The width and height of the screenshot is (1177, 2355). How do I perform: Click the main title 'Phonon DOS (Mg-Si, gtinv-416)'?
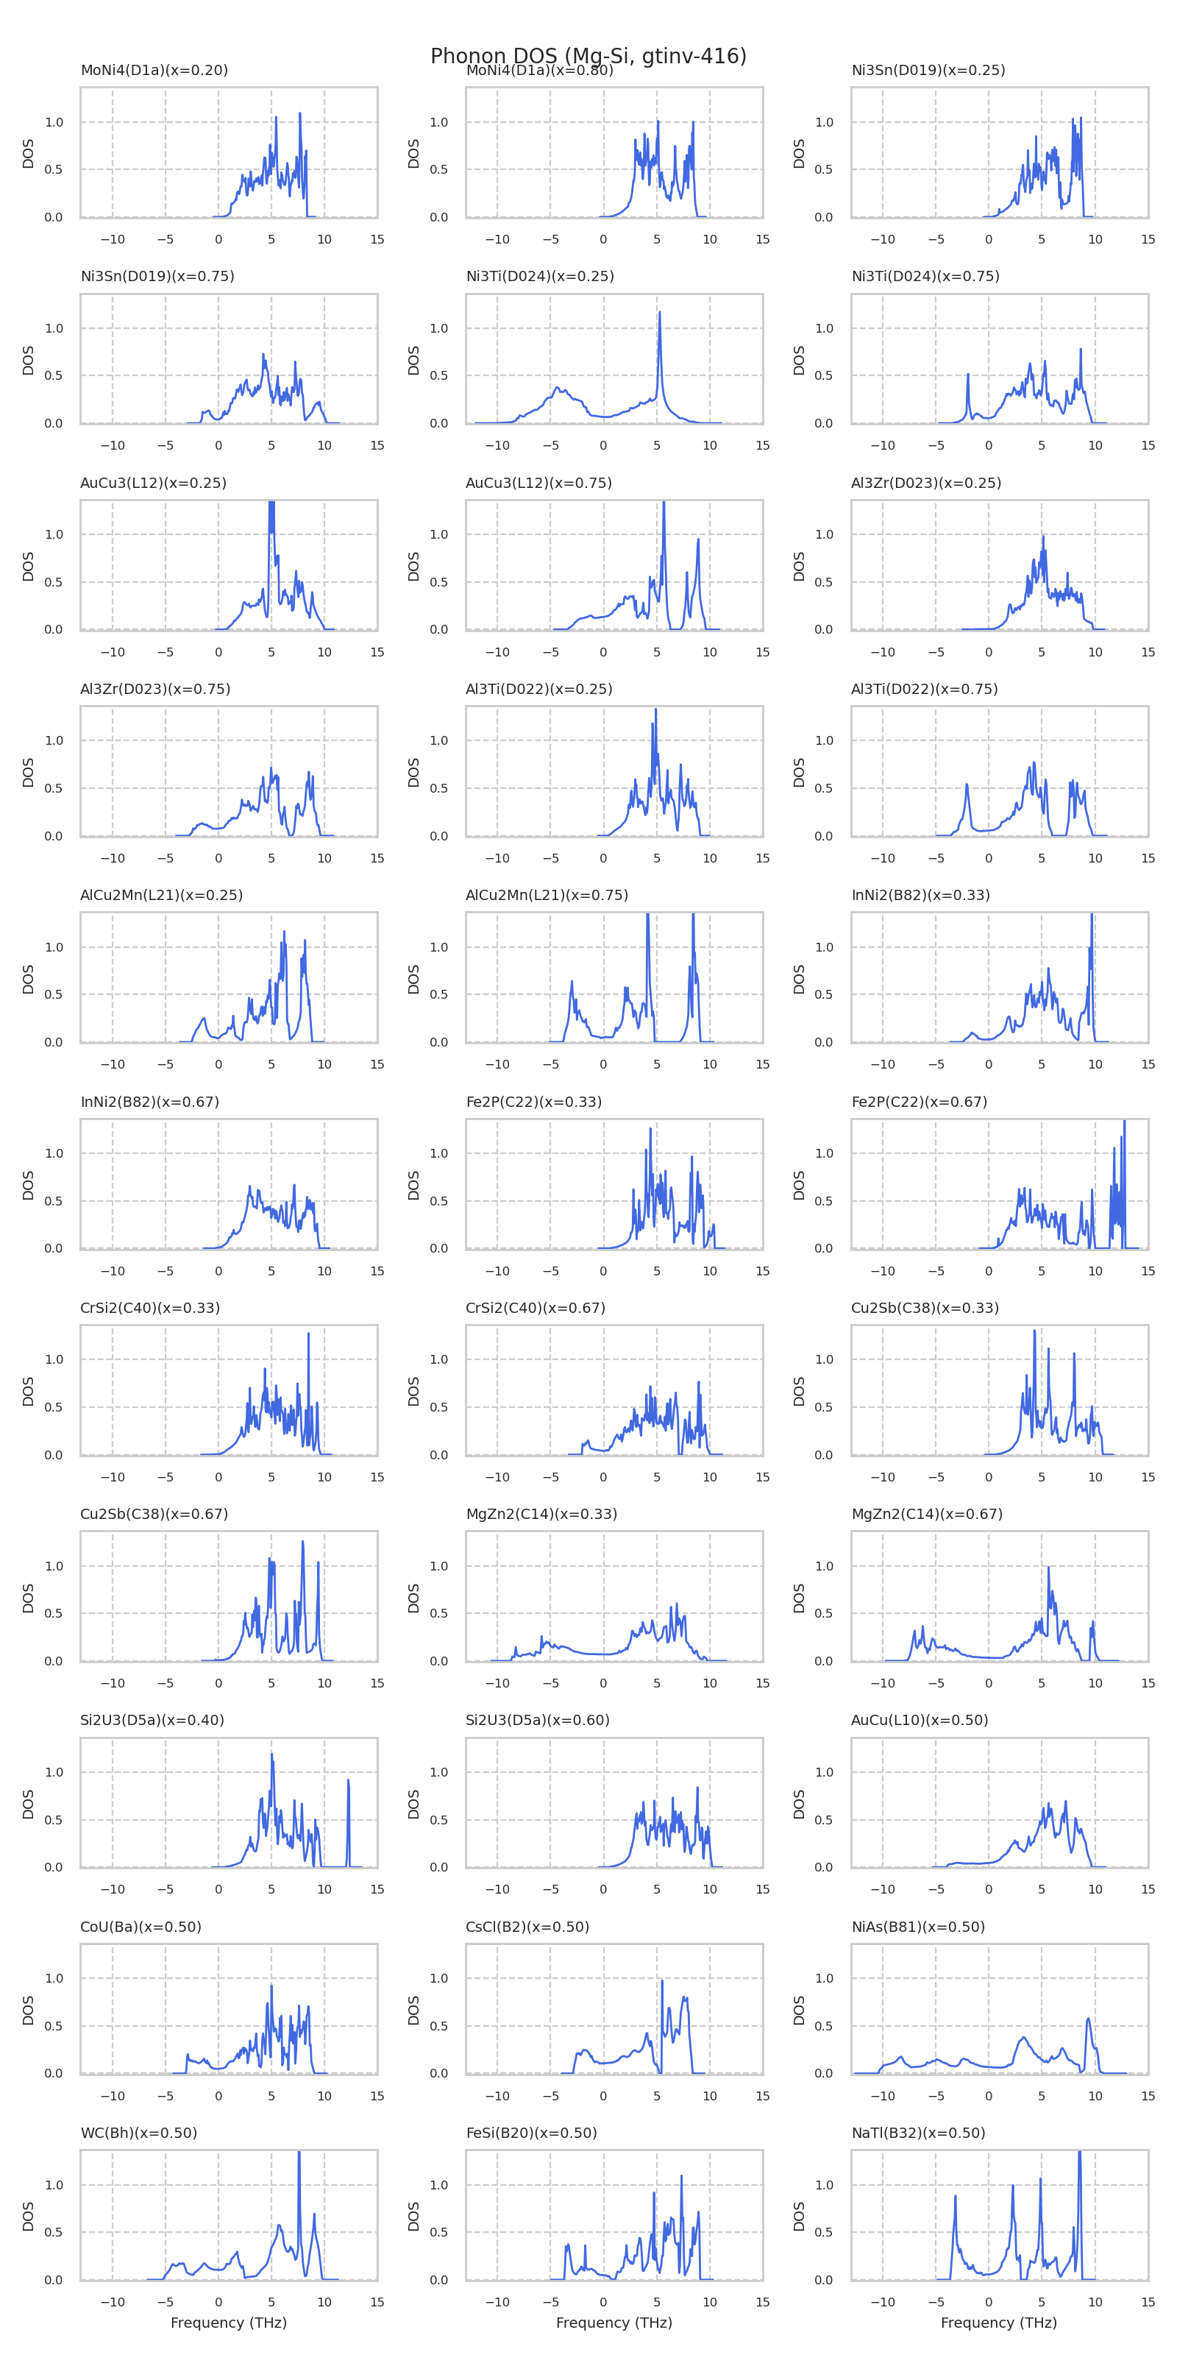click(588, 57)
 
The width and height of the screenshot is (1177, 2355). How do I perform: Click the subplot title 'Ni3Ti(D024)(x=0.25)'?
click(539, 276)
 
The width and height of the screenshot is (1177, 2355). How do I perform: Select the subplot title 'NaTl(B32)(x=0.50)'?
click(917, 2133)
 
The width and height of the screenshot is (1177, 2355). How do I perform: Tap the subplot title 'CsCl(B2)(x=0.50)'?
click(527, 1926)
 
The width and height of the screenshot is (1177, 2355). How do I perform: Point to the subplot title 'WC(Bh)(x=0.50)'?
click(139, 2133)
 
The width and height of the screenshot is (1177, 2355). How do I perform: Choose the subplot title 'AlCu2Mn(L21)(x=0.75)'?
click(547, 895)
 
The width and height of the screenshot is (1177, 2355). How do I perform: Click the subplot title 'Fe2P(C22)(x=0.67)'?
click(920, 1102)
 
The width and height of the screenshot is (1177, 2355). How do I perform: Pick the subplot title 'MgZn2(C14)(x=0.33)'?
click(541, 1514)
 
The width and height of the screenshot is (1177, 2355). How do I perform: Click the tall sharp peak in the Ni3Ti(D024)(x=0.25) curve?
click(659, 314)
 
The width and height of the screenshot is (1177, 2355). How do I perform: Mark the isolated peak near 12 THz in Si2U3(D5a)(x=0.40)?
click(348, 1780)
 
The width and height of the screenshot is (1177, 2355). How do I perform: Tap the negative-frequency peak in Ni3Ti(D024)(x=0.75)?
click(968, 375)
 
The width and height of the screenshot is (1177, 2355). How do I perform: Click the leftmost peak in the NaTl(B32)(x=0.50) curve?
click(955, 2197)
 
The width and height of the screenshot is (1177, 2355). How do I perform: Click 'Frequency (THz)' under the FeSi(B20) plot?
click(614, 2323)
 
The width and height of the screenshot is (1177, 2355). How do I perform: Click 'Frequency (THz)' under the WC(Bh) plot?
click(229, 2323)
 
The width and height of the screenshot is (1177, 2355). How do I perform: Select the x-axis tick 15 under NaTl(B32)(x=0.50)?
click(1148, 2302)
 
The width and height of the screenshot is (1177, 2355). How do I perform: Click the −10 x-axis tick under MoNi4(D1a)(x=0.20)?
click(113, 239)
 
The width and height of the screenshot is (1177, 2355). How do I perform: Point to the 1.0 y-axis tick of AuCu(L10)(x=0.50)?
click(823, 1771)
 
